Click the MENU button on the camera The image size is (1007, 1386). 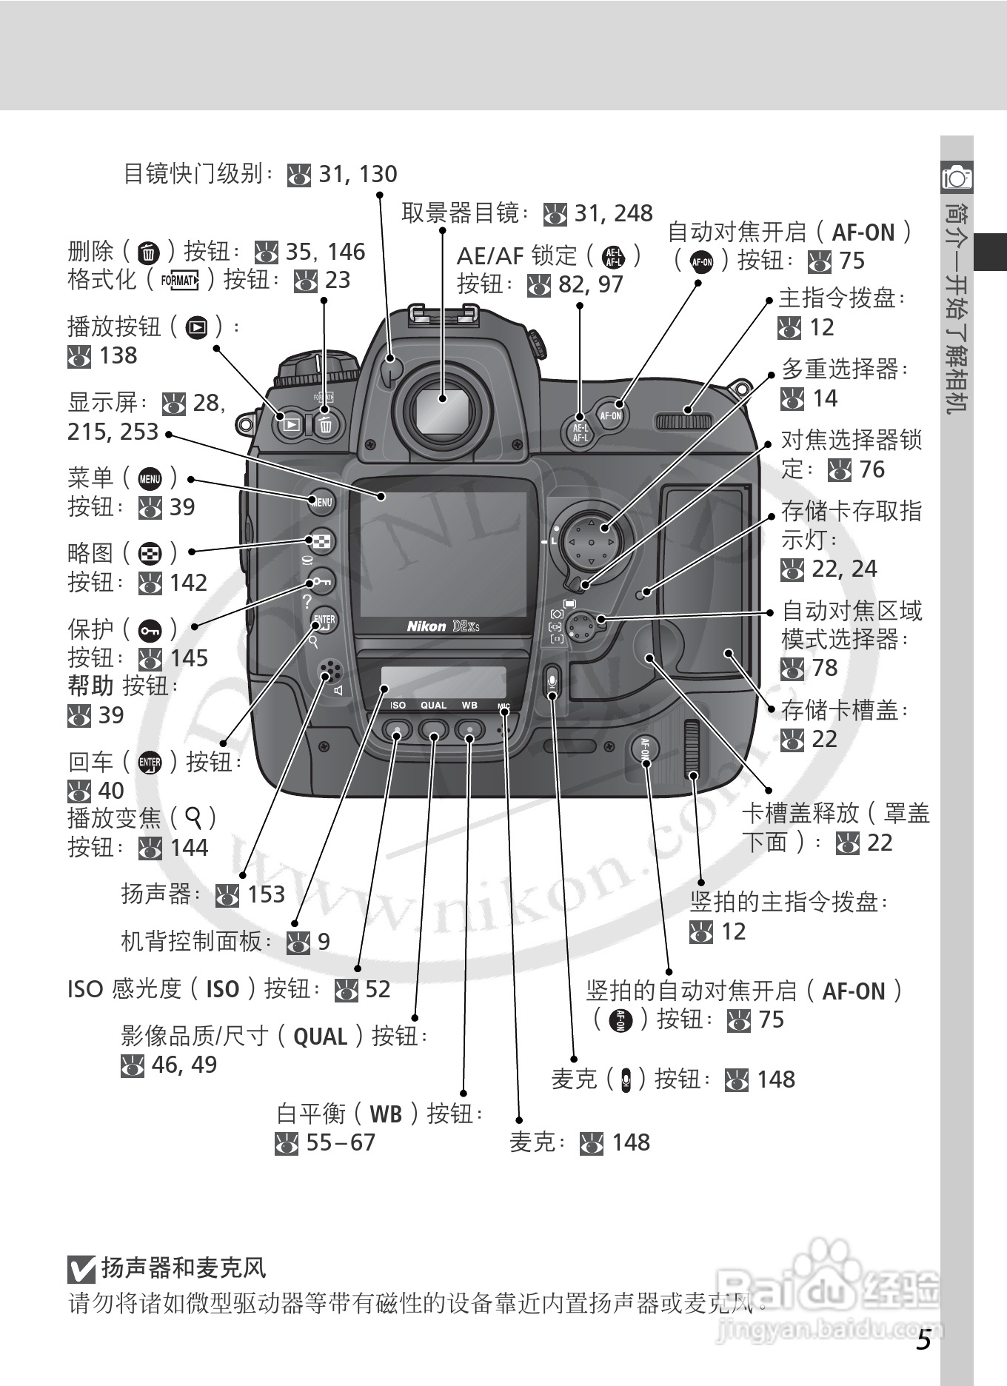(x=322, y=502)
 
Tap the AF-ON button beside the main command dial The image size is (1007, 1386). (x=610, y=415)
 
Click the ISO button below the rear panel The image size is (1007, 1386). (x=398, y=731)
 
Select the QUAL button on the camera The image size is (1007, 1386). (x=433, y=731)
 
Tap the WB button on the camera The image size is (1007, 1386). (x=469, y=731)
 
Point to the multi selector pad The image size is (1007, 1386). (x=590, y=543)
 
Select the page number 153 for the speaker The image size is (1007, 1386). (x=266, y=894)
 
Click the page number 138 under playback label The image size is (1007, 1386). (x=118, y=355)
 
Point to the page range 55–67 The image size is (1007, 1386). (x=341, y=1142)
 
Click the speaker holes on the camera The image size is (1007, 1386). (x=329, y=672)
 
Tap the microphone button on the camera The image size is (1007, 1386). (x=552, y=680)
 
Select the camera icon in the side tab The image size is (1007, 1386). (x=957, y=177)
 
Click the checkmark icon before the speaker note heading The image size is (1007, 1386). (x=81, y=1269)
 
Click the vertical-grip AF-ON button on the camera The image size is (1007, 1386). (x=644, y=749)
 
